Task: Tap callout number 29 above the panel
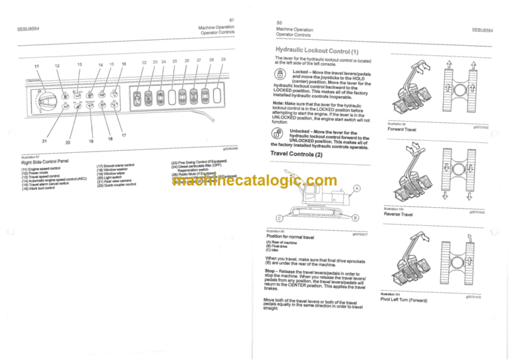coord(223,60)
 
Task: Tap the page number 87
coord(230,21)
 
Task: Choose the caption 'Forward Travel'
coord(401,129)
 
